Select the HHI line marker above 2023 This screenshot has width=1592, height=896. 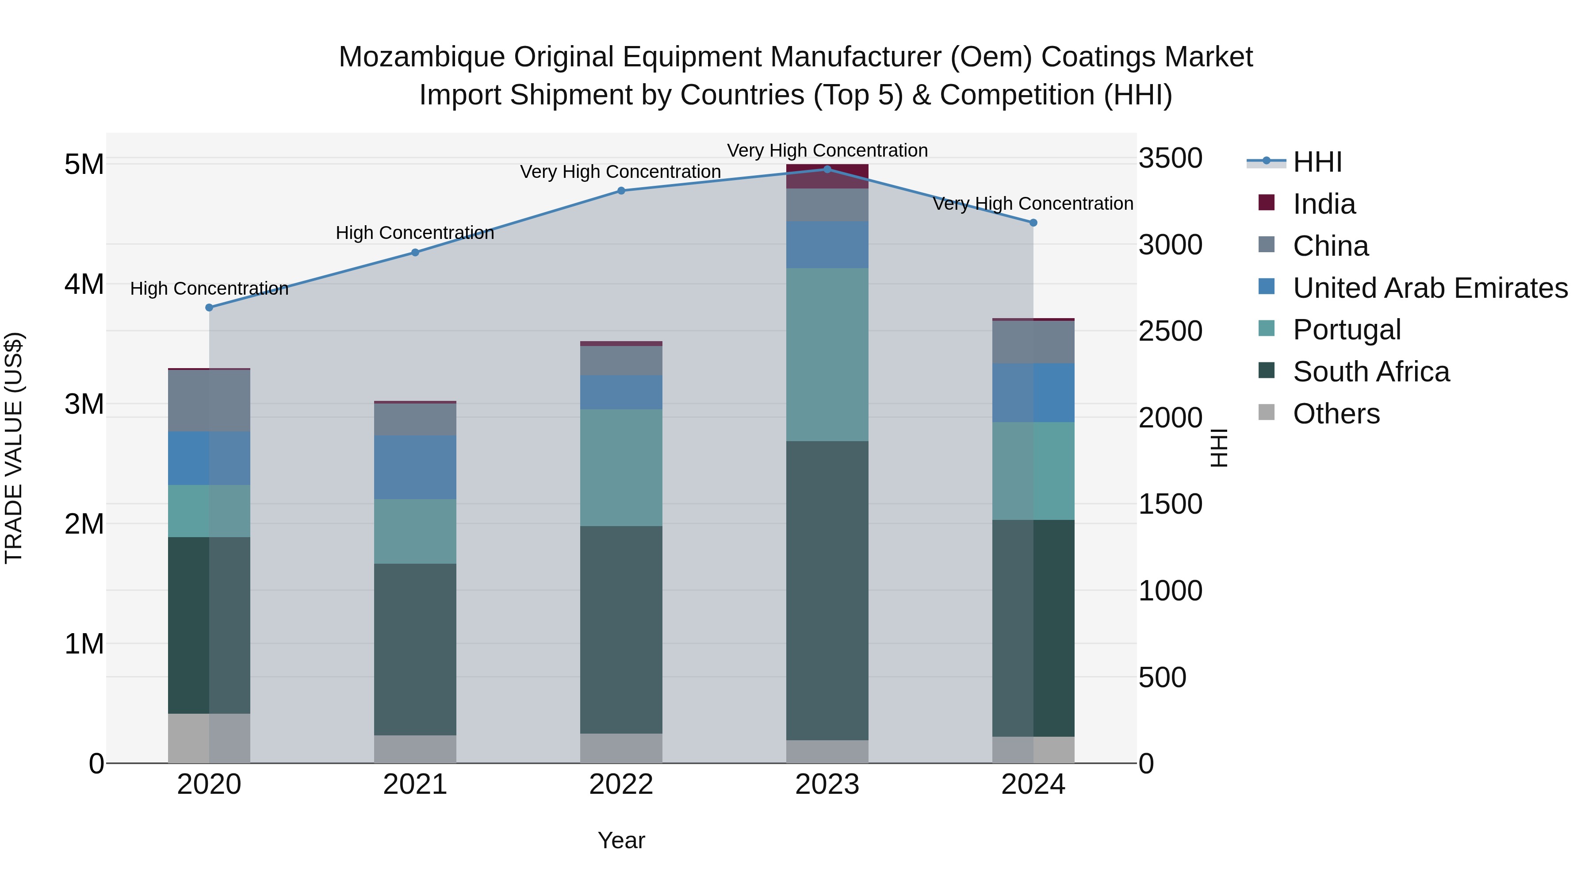pyautogui.click(x=827, y=169)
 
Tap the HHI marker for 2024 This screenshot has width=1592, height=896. pyautogui.click(x=1033, y=223)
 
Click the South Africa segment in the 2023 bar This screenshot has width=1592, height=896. pyautogui.click(x=827, y=591)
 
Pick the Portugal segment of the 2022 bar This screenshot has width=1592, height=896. pyautogui.click(x=621, y=468)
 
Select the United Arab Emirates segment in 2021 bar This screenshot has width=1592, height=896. pyautogui.click(x=415, y=467)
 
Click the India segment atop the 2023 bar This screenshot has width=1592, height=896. pyautogui.click(x=827, y=176)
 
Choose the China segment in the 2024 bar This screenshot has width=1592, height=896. pyautogui.click(x=1033, y=342)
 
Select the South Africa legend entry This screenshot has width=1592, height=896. pyautogui.click(x=1371, y=372)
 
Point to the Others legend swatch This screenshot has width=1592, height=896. pyautogui.click(x=1267, y=413)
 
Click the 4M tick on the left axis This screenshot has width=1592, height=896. pyautogui.click(x=84, y=285)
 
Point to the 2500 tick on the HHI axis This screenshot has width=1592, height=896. pyautogui.click(x=1170, y=331)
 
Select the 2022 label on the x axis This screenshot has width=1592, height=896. pyautogui.click(x=621, y=784)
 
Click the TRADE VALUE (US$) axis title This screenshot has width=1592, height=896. pyautogui.click(x=14, y=448)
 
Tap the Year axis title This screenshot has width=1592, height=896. pyautogui.click(x=621, y=840)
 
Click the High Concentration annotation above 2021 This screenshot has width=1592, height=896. pyautogui.click(x=415, y=233)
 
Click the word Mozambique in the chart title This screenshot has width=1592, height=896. pyautogui.click(x=421, y=57)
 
